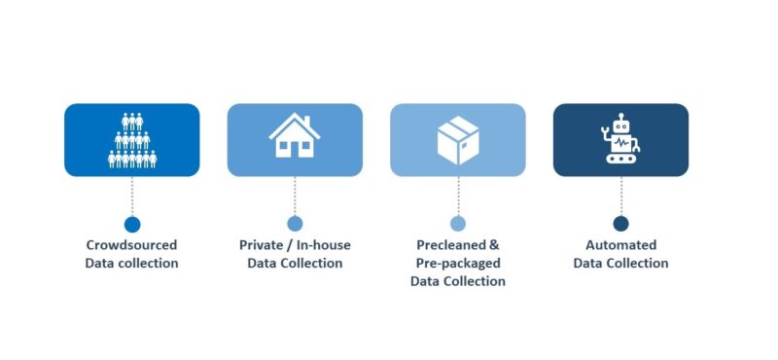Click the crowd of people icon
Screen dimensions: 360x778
(x=132, y=141)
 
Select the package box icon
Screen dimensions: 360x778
(x=457, y=140)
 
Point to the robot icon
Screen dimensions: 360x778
(x=620, y=141)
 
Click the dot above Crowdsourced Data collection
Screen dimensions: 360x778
(x=132, y=224)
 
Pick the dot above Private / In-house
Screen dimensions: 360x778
(x=295, y=224)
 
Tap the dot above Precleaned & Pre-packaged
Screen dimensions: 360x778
(x=458, y=224)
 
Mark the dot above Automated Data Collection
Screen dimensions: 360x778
(x=620, y=224)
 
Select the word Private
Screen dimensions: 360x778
(x=260, y=245)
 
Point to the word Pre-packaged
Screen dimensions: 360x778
(x=457, y=264)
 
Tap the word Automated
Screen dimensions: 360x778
(x=620, y=245)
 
